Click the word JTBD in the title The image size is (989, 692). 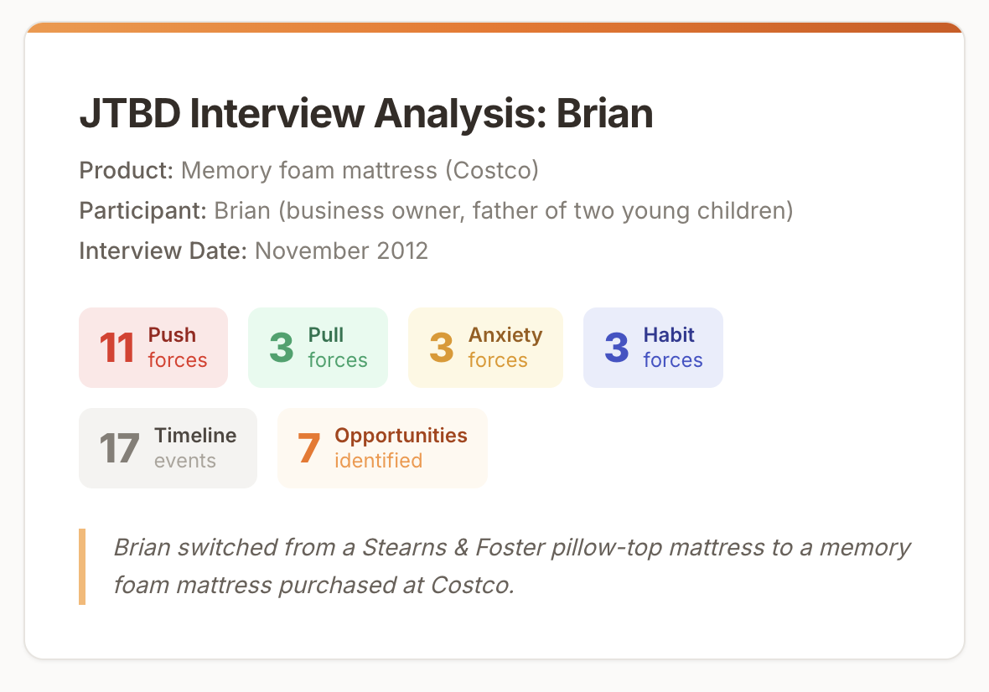pos(130,113)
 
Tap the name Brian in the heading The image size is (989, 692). pos(604,113)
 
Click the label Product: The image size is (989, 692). pos(127,170)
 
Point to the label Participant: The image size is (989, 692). pos(142,210)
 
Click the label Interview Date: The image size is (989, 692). pos(163,250)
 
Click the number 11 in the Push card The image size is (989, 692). pos(117,348)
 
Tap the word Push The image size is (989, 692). pos(172,334)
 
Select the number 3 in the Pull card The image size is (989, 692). pos(282,348)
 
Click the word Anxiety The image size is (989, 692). pos(505,335)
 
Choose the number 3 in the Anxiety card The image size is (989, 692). pos(442,348)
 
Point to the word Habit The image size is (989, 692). pos(669,334)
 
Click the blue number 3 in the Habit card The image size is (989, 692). pos(616,348)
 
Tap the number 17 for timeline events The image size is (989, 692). pos(119,448)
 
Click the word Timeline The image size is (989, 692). pos(195,436)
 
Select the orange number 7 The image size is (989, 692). pos(308,448)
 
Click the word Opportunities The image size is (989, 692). pos(401,436)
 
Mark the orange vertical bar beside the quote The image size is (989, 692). pos(82,566)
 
